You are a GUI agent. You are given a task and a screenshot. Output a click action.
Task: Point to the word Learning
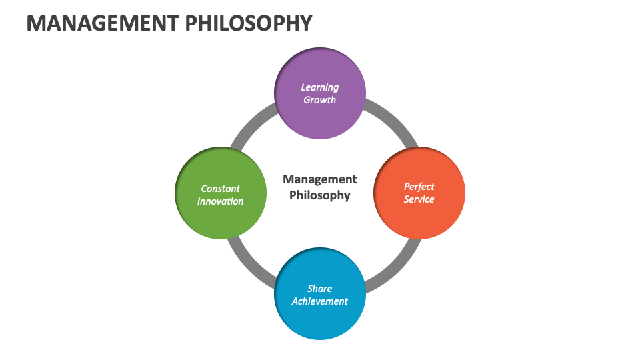pos(320,87)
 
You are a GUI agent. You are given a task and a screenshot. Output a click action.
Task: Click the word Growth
pos(320,100)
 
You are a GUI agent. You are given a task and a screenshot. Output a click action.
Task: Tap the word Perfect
pos(419,187)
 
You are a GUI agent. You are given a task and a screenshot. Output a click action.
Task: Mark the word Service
pos(419,199)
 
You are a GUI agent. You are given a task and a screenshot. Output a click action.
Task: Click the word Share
pos(320,289)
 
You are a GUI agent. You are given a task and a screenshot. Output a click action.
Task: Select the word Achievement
pos(320,301)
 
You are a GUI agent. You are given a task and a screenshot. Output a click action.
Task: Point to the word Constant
pos(221,189)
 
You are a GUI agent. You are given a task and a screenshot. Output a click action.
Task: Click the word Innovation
pos(221,201)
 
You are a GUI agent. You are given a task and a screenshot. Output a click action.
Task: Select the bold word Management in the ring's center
pos(320,179)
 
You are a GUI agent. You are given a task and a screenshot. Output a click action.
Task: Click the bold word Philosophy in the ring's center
pos(320,195)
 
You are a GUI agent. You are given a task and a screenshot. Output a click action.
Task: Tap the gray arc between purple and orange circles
pos(391,122)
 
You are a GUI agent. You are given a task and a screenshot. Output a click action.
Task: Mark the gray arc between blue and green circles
pos(249,265)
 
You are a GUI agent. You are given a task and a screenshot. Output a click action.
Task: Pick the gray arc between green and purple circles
pos(250,122)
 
